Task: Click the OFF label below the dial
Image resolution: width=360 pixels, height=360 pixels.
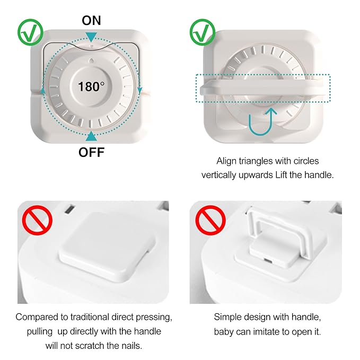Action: point(92,153)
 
